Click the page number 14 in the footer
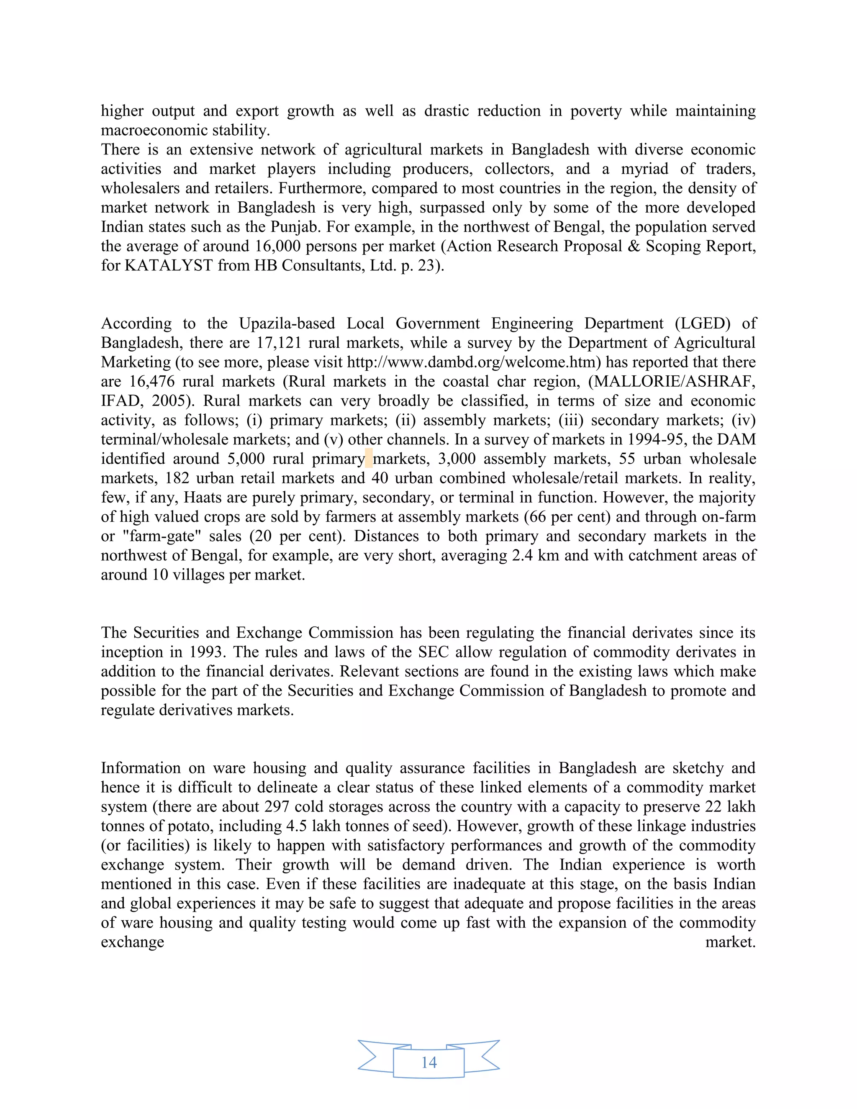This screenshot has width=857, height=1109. (x=428, y=1062)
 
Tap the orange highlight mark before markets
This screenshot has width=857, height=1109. (x=369, y=458)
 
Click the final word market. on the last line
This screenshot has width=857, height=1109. (x=730, y=942)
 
